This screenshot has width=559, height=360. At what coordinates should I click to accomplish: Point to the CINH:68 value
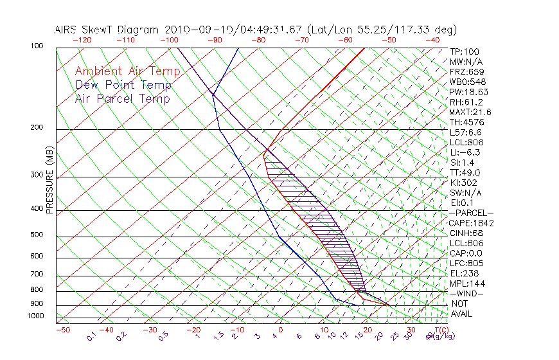pyautogui.click(x=465, y=233)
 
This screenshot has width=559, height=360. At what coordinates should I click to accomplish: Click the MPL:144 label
pyautogui.click(x=466, y=283)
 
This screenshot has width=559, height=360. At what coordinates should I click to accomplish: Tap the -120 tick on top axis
pyautogui.click(x=82, y=40)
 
